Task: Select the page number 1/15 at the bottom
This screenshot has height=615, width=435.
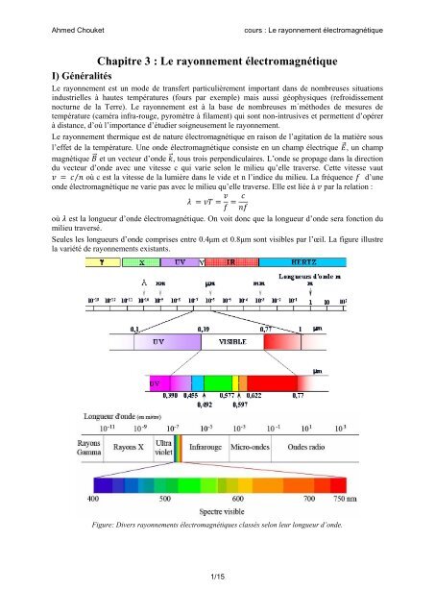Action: [x=218, y=601]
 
